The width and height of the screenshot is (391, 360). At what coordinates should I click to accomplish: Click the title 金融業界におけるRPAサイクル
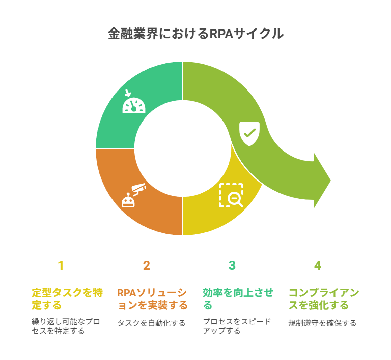[195, 34]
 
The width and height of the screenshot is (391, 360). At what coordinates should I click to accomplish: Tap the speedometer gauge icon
[134, 105]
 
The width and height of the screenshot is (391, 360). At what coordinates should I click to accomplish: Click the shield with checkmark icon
[249, 134]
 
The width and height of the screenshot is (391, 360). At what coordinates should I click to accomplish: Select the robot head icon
[128, 200]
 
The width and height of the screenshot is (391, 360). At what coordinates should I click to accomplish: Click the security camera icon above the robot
[138, 189]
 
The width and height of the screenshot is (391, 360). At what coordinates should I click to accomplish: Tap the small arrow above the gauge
[128, 93]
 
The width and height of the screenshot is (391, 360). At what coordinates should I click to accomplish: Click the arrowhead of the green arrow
[322, 181]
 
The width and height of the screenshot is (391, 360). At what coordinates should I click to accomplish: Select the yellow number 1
[61, 265]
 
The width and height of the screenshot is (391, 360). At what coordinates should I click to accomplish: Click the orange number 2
[147, 265]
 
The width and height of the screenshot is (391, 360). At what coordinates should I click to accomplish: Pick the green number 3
[232, 265]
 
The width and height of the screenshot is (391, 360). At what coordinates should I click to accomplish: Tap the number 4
[318, 265]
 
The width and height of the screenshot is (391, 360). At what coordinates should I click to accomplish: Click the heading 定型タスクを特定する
[67, 299]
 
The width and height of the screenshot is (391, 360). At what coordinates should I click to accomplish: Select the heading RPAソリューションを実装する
[152, 299]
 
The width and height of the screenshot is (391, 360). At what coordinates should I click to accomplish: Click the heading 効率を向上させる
[238, 299]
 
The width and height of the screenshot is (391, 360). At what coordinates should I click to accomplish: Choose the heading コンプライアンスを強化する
[324, 299]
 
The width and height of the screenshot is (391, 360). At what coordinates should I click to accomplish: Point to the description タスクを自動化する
[151, 323]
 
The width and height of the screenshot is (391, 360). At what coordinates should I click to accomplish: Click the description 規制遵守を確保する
[322, 323]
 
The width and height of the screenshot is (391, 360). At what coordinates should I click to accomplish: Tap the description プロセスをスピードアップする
[237, 326]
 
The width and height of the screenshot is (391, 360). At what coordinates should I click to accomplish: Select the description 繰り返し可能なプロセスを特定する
[66, 326]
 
